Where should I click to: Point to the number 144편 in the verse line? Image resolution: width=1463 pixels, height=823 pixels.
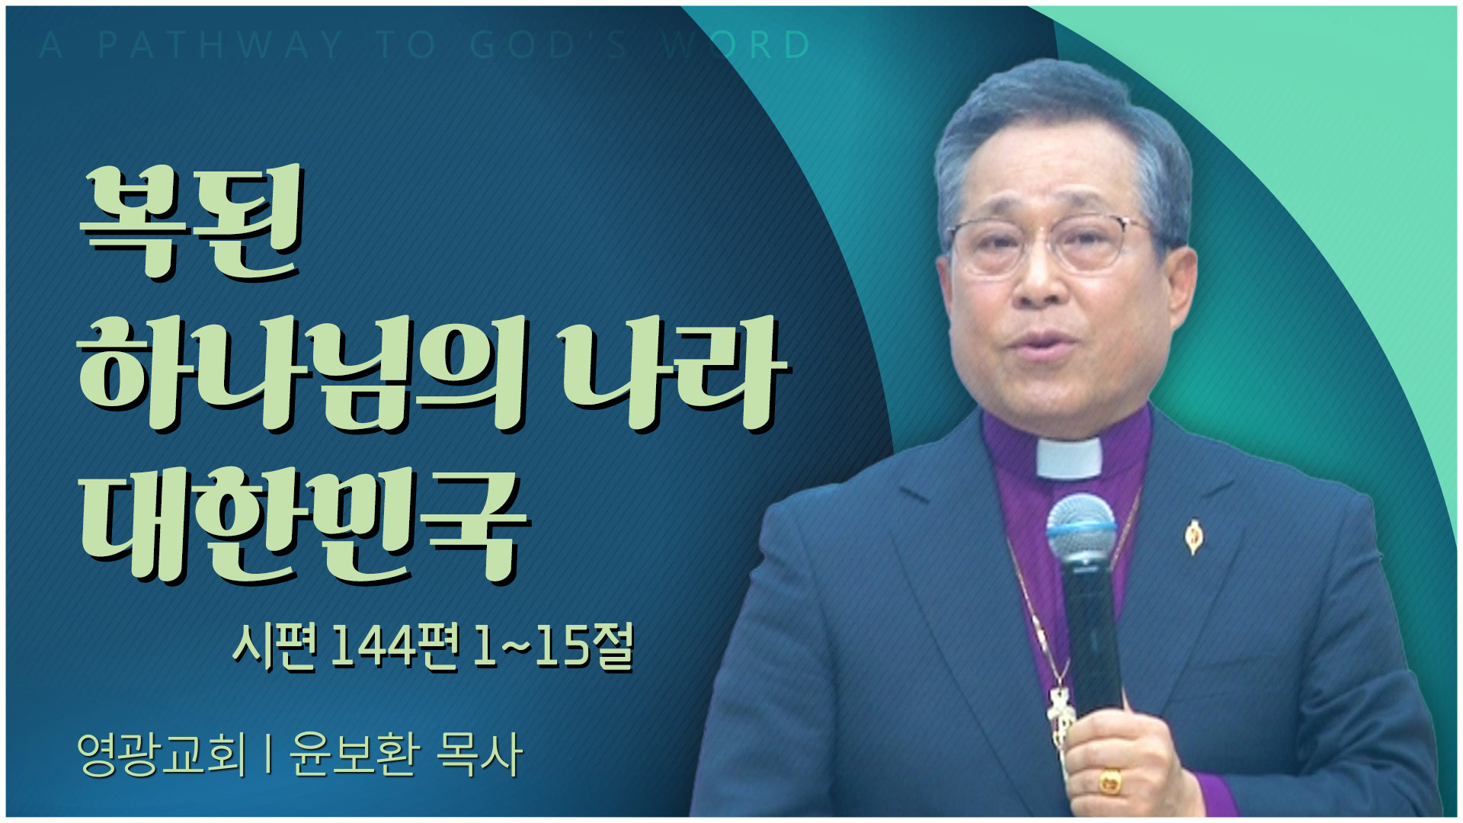click(396, 647)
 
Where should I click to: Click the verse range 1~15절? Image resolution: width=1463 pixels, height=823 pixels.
click(553, 647)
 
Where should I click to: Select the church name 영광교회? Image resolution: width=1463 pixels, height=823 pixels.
click(162, 754)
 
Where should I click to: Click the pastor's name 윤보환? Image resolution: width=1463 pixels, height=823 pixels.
click(355, 754)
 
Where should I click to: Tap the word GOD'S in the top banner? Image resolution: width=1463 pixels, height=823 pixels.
click(549, 45)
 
